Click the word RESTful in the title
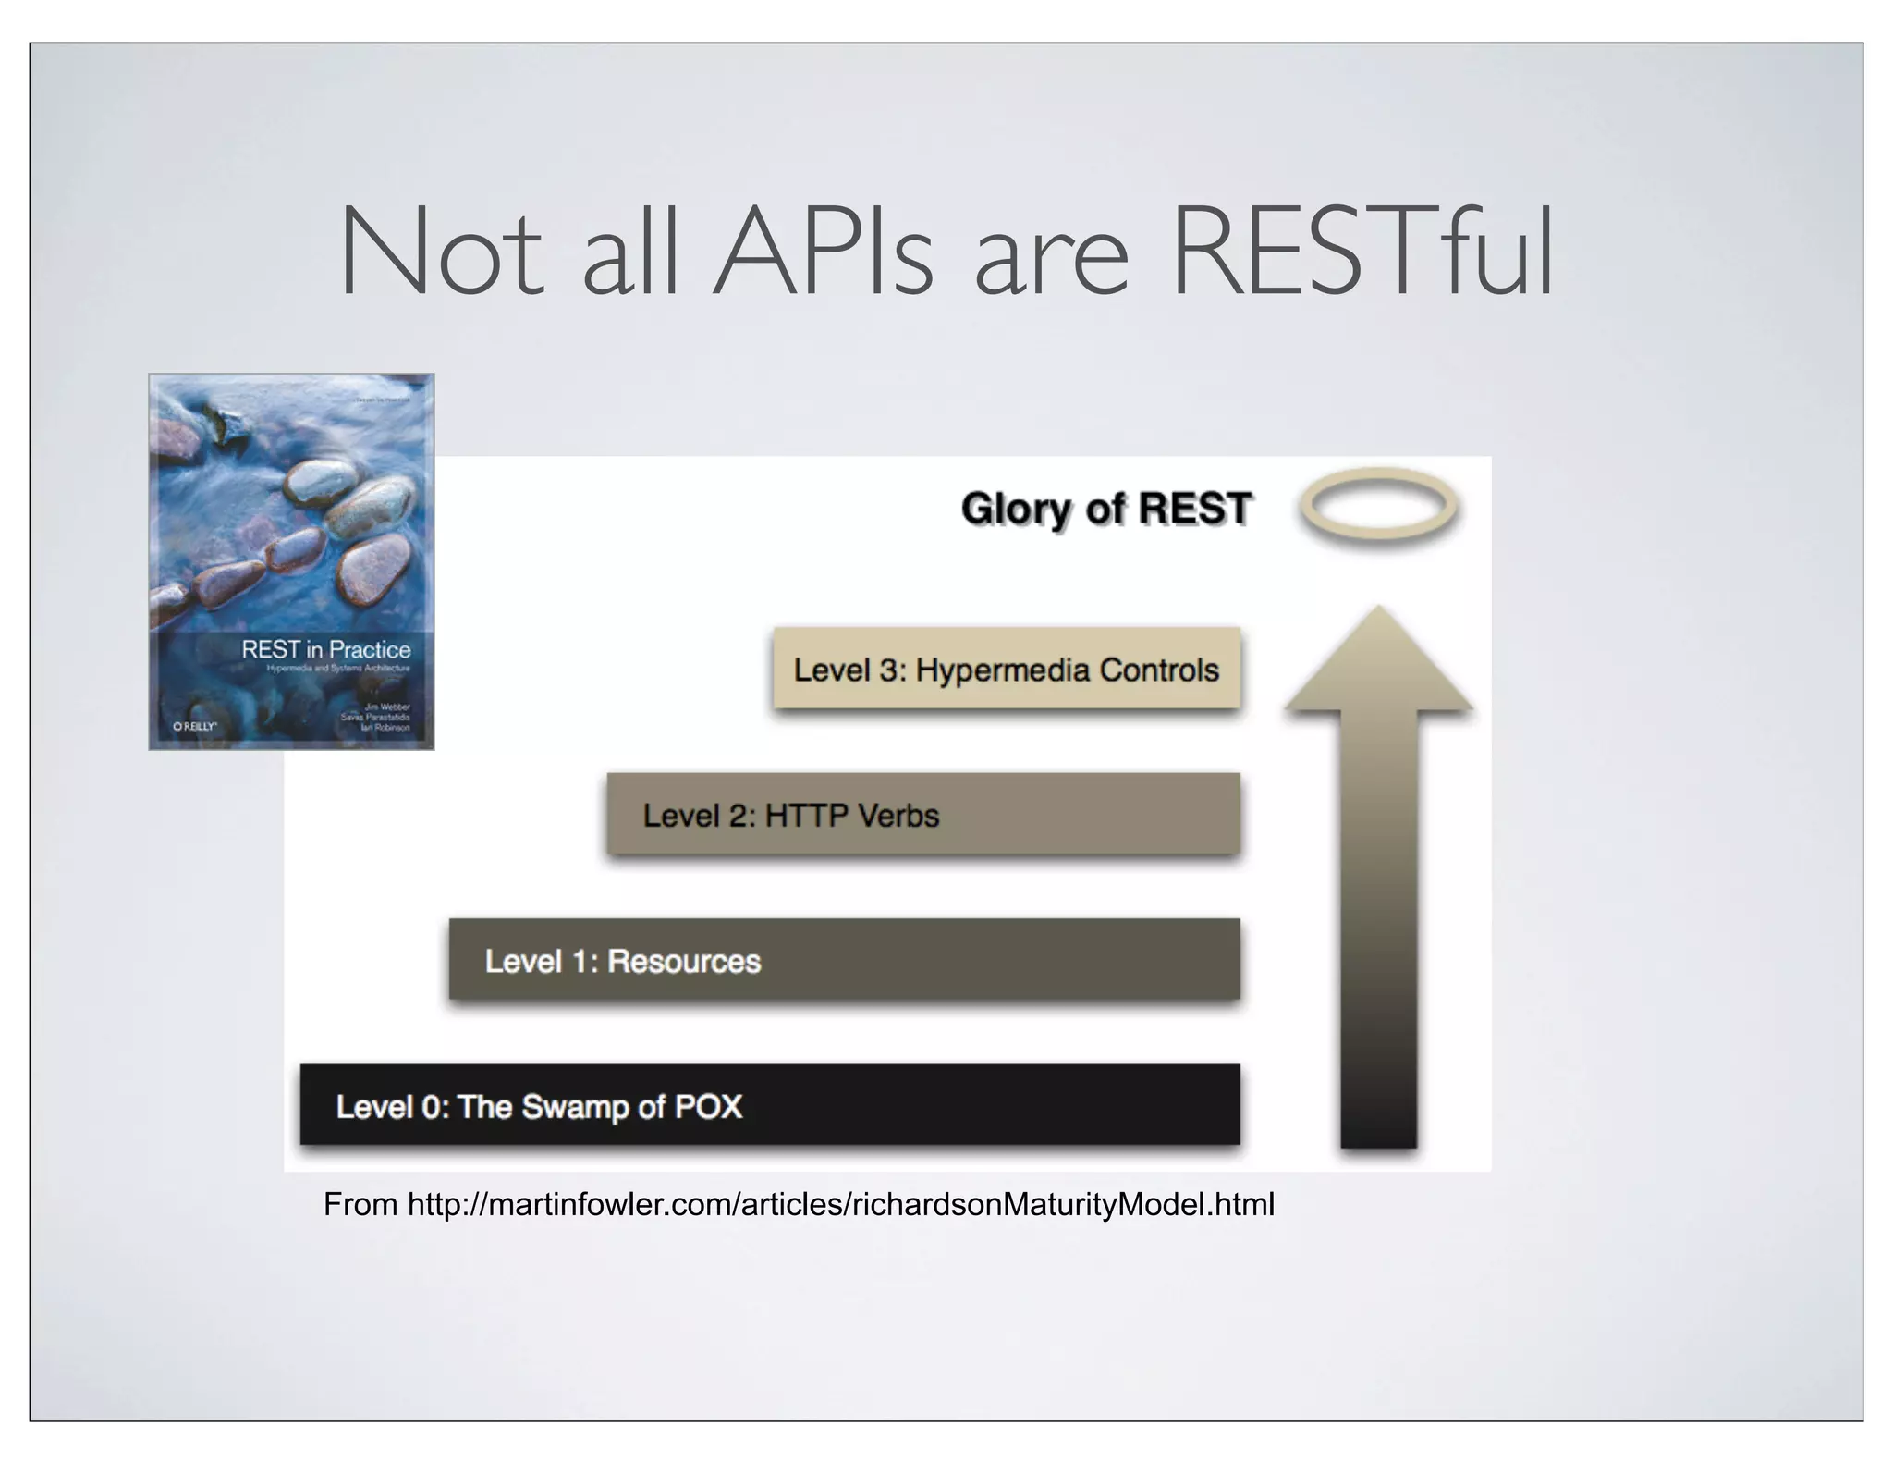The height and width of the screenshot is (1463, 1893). click(x=1361, y=251)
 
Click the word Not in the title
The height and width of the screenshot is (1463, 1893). click(x=441, y=252)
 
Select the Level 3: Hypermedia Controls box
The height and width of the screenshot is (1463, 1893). click(x=1006, y=669)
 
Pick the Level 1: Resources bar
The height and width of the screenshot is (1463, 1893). click(x=844, y=960)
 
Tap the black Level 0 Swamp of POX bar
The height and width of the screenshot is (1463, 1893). click(x=769, y=1105)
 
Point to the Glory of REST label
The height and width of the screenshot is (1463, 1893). click(x=1105, y=509)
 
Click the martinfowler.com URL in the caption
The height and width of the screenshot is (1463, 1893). click(x=840, y=1205)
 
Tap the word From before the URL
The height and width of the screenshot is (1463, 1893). click(x=360, y=1205)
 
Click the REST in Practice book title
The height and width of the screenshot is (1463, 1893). click(x=325, y=649)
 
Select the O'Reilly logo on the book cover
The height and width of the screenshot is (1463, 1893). click(x=194, y=727)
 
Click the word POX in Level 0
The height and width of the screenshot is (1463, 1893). click(x=708, y=1107)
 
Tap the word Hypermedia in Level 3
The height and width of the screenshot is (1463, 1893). click(x=1001, y=670)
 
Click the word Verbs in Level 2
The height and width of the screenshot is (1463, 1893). click(x=897, y=816)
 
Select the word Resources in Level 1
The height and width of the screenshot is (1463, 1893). click(x=683, y=962)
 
